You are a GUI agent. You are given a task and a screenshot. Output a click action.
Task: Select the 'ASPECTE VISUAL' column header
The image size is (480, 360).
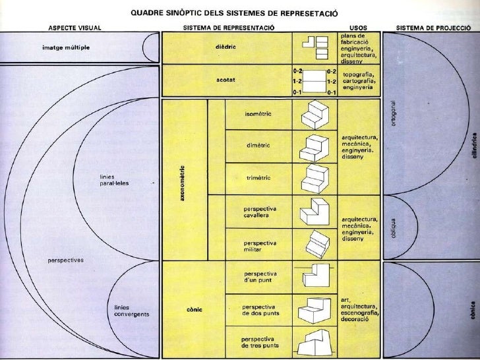pos(76,28)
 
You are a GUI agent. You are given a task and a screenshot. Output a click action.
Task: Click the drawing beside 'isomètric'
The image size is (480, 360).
pos(313,115)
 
